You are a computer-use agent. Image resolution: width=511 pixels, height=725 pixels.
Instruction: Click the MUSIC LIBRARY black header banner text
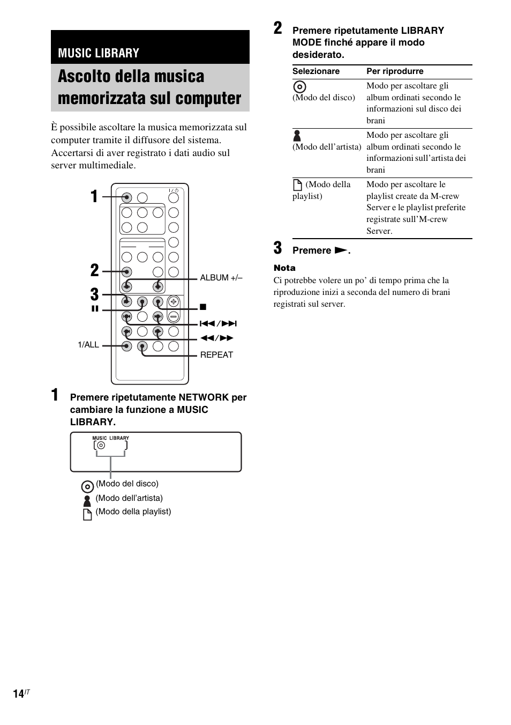point(99,53)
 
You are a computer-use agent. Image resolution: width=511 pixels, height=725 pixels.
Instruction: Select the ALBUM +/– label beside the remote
point(221,278)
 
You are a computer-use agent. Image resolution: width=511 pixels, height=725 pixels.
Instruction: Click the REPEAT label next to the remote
point(216,355)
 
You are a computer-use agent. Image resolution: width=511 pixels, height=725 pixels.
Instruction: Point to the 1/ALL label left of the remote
point(88,345)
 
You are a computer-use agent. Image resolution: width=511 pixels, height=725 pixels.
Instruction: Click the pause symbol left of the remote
point(95,309)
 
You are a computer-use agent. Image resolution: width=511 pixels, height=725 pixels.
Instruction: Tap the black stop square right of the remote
point(203,307)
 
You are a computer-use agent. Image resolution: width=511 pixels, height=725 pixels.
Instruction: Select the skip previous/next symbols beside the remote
point(218,324)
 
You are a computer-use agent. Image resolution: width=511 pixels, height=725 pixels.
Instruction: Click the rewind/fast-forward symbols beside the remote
point(217,338)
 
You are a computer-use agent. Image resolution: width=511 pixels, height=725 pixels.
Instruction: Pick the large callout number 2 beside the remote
point(95,270)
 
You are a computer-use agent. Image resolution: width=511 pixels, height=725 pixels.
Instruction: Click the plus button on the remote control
point(173,302)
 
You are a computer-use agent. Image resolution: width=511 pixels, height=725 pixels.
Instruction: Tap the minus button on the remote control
point(173,316)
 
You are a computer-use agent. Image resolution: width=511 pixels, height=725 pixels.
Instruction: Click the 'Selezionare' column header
point(316,71)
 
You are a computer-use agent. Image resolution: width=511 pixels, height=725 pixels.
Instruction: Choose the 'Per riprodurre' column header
point(395,71)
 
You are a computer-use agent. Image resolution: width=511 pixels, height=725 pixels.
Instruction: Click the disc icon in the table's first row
point(300,87)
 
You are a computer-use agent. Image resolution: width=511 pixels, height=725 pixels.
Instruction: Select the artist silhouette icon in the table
point(297,136)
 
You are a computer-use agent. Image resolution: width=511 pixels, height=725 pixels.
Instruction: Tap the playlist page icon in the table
point(298,185)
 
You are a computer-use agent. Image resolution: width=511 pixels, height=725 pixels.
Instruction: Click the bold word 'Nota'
point(284,268)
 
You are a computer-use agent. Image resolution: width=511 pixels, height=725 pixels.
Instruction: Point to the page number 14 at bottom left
point(19,694)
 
